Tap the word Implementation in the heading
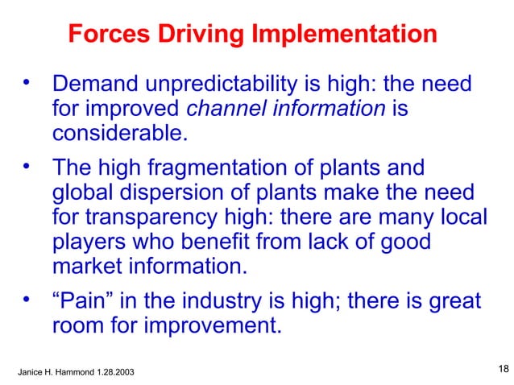[x=346, y=35]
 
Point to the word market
[x=86, y=264]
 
